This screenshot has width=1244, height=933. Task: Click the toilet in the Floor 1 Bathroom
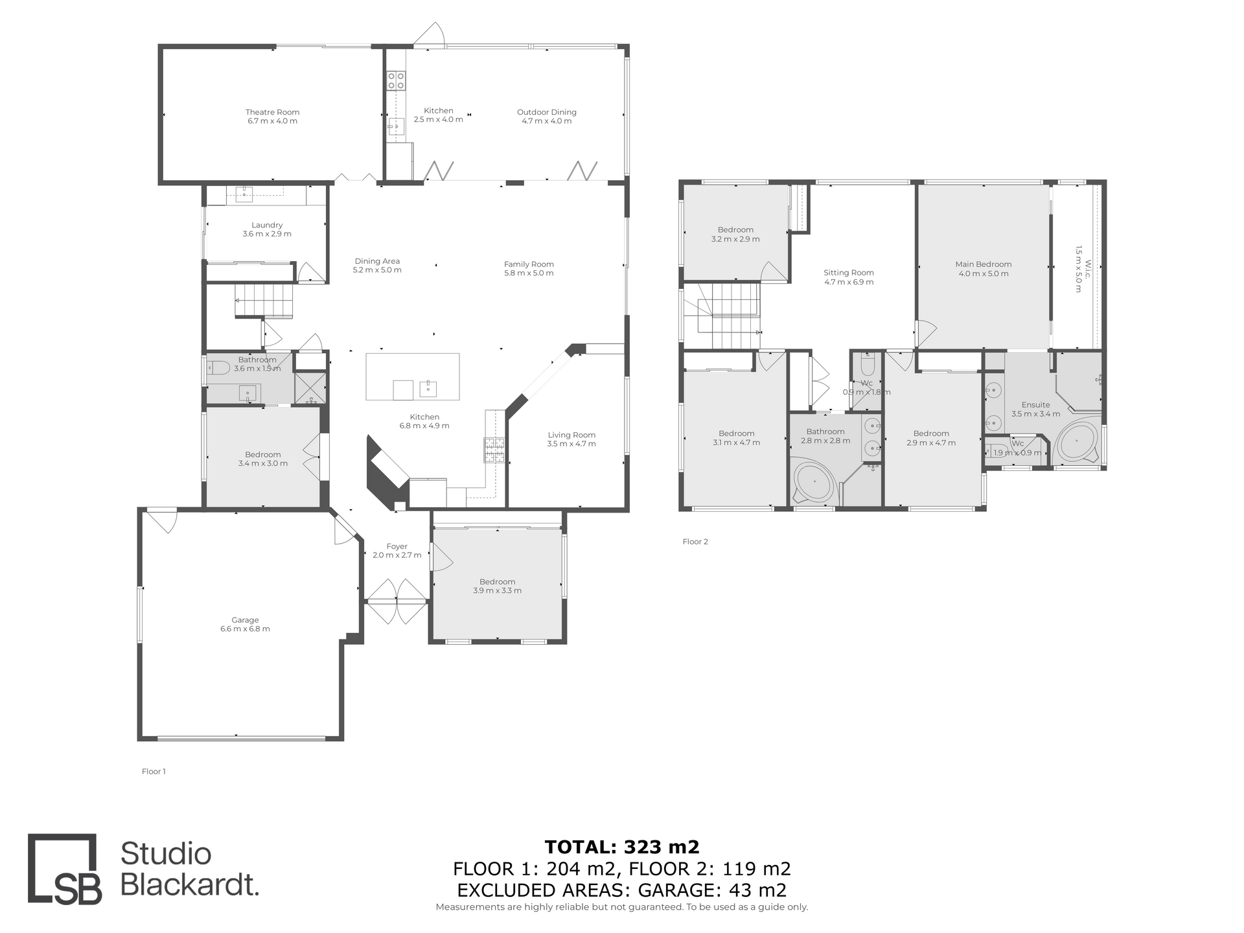pyautogui.click(x=216, y=368)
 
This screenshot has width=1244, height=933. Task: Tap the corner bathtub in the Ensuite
pyautogui.click(x=1076, y=443)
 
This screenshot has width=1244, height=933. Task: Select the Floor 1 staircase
pyautogui.click(x=265, y=301)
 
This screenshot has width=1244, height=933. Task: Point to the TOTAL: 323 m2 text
pyautogui.click(x=622, y=847)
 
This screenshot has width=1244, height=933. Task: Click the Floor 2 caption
pyautogui.click(x=695, y=542)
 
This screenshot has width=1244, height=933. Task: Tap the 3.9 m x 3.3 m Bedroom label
pyautogui.click(x=497, y=586)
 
